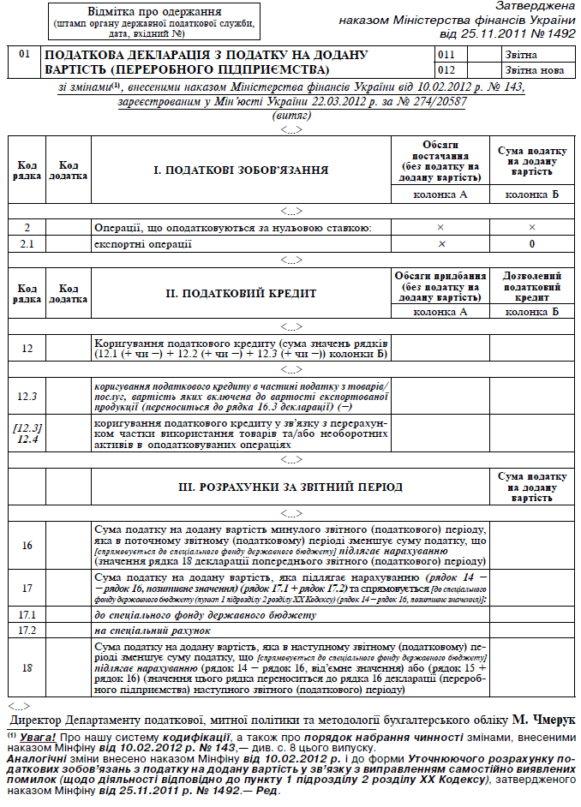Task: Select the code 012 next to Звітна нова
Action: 446,69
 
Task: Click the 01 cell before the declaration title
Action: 24,55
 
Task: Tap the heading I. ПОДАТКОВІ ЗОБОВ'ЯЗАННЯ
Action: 241,170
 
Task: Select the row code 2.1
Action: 27,244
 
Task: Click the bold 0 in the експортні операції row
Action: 532,244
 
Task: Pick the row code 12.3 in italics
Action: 27,397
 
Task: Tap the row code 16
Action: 27,546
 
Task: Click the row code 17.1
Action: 27,616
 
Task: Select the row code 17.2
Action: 27,631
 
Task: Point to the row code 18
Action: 27,667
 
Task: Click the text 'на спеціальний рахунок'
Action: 146,631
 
